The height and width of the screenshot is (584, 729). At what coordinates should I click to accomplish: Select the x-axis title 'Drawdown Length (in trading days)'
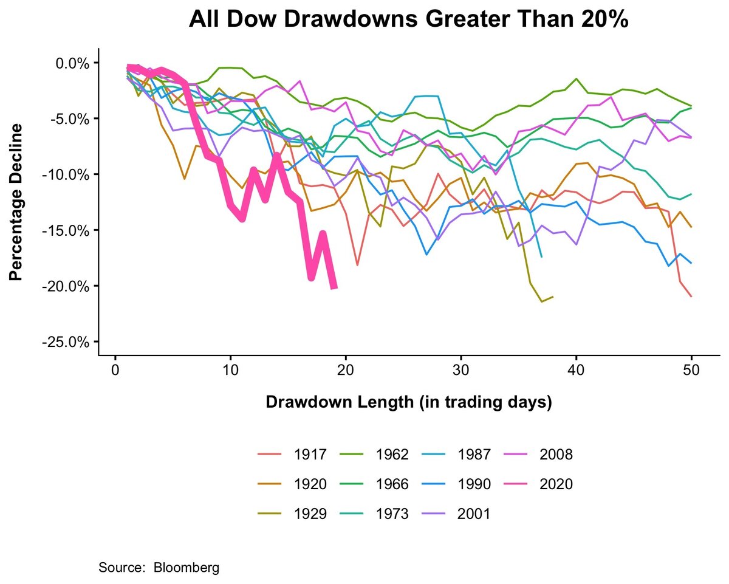[x=408, y=403]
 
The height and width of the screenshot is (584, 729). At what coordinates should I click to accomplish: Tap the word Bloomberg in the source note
[x=187, y=568]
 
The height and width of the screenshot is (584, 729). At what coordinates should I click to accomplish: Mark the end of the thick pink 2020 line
[x=334, y=288]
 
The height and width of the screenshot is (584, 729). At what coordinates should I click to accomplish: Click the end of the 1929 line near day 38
[x=553, y=297]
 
